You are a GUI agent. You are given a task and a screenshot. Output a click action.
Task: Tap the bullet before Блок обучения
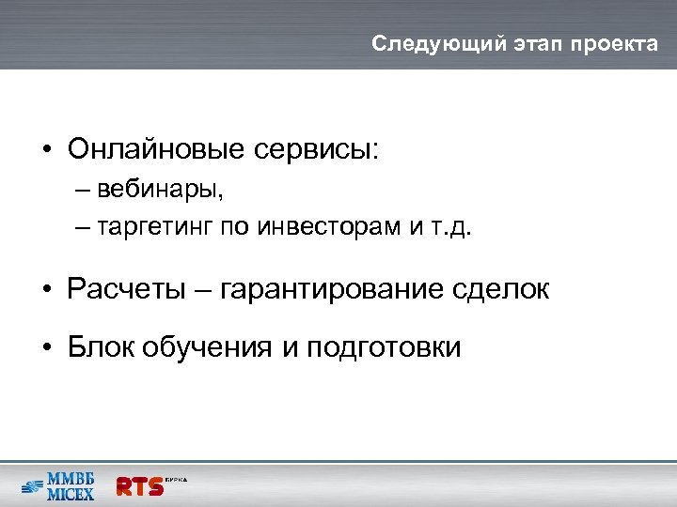point(46,348)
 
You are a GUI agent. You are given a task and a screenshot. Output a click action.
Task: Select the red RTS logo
point(139,485)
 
